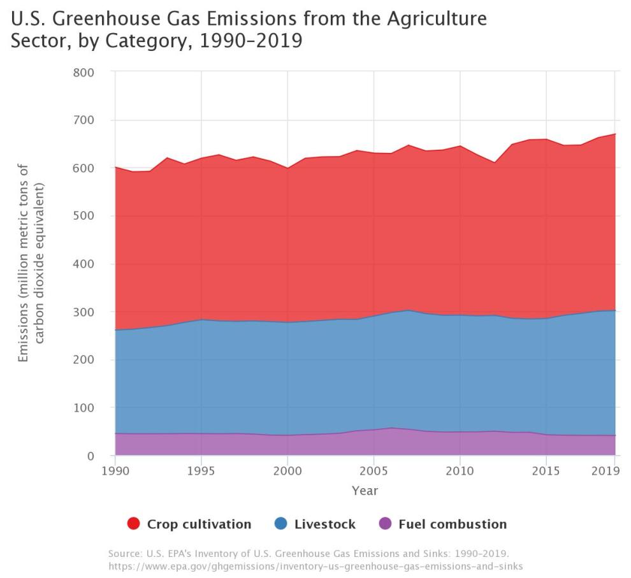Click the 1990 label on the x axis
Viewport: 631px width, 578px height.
[x=115, y=471]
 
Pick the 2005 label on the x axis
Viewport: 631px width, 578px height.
[x=374, y=471]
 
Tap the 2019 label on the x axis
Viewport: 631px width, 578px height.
[x=606, y=471]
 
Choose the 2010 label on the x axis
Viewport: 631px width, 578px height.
[x=460, y=471]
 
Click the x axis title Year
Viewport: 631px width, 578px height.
[x=365, y=491]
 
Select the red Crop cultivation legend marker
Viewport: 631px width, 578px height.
[x=133, y=524]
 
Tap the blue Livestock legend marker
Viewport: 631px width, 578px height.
[x=280, y=524]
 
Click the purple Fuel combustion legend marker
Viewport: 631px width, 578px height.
[x=384, y=524]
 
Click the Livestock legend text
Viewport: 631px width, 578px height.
[x=324, y=524]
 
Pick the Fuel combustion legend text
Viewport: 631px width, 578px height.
[x=453, y=524]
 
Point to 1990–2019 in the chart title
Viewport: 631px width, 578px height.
[x=254, y=42]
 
